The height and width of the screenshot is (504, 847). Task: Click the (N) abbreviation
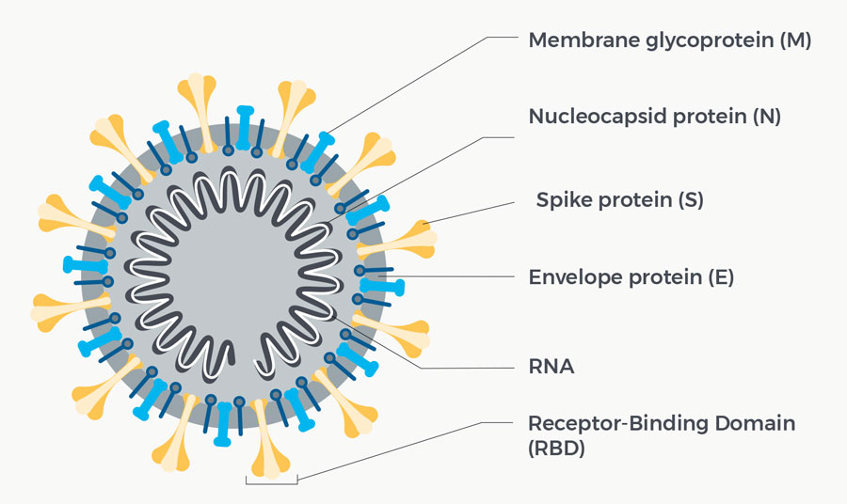click(x=767, y=117)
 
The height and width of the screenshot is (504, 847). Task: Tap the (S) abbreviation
click(x=691, y=200)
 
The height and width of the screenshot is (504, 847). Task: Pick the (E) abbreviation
click(x=721, y=277)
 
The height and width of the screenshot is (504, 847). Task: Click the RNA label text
click(x=551, y=367)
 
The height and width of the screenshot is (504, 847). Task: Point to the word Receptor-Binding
click(x=617, y=424)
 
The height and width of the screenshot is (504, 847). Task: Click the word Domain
click(x=755, y=423)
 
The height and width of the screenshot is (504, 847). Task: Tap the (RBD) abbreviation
click(x=556, y=449)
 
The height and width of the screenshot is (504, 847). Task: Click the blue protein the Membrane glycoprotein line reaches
click(x=318, y=152)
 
